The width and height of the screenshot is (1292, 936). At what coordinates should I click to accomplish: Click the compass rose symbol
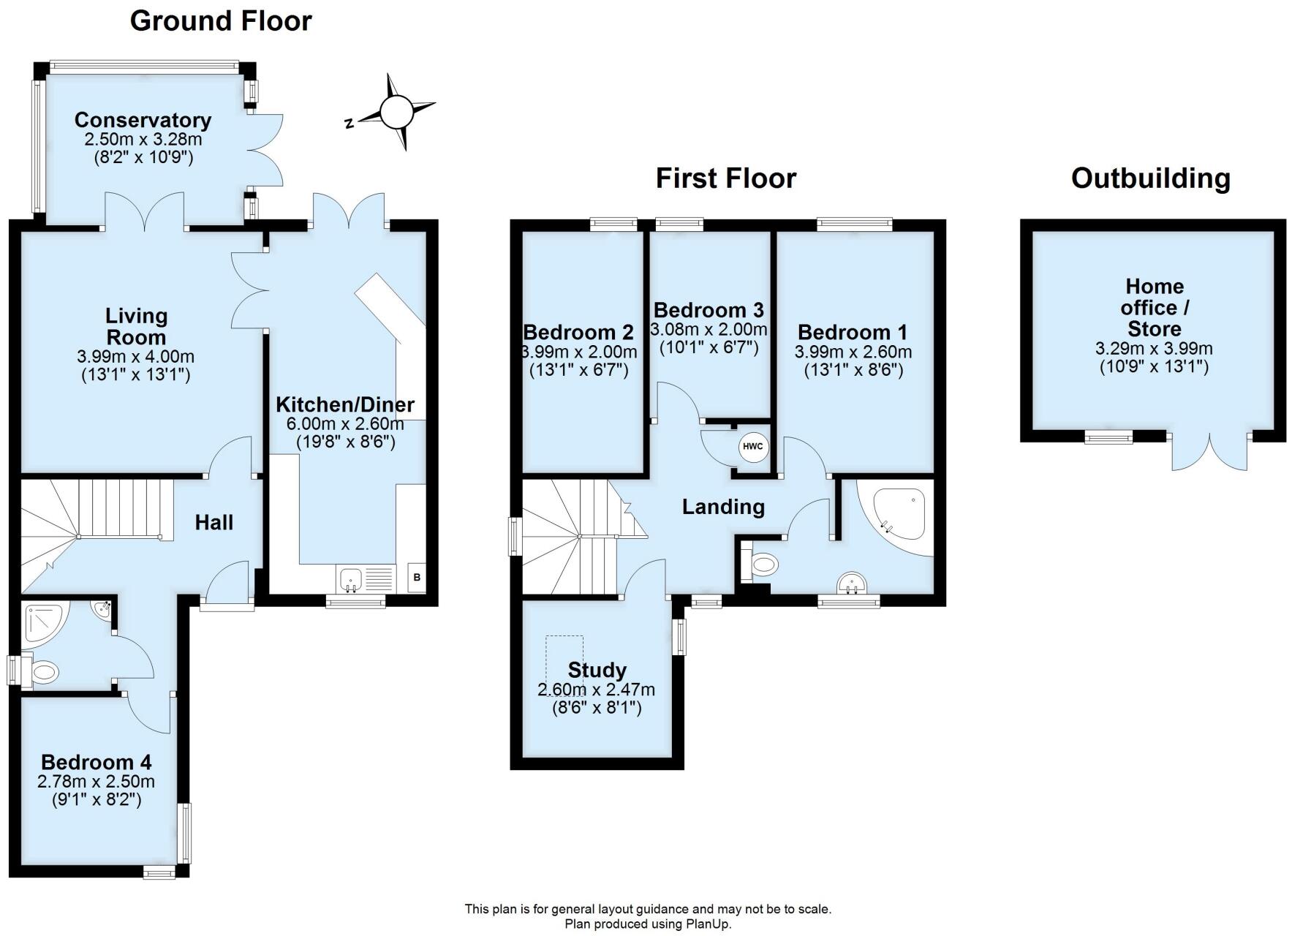pos(397,112)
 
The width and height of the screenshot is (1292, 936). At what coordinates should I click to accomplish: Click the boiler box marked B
pos(417,577)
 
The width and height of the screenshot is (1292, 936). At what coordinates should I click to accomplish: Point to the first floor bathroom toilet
pos(761,565)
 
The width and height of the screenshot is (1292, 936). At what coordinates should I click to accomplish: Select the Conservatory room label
pos(143,120)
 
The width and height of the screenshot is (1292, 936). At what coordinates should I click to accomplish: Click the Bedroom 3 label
pos(709,310)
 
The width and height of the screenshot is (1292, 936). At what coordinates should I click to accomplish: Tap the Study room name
pos(597,670)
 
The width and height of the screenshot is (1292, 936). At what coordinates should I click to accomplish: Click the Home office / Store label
pos(1154,307)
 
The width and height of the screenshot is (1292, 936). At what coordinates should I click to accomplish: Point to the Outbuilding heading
pos(1150,178)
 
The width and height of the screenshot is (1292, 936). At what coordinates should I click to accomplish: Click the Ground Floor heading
pos(221,21)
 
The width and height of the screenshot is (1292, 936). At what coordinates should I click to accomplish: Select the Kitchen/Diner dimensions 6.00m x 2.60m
pos(345,423)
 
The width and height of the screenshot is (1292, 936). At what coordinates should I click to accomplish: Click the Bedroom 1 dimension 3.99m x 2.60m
pos(853,352)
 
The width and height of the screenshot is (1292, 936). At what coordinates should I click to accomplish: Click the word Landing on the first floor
pos(723,507)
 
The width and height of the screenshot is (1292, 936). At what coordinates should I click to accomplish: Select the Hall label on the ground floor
pos(214,522)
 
